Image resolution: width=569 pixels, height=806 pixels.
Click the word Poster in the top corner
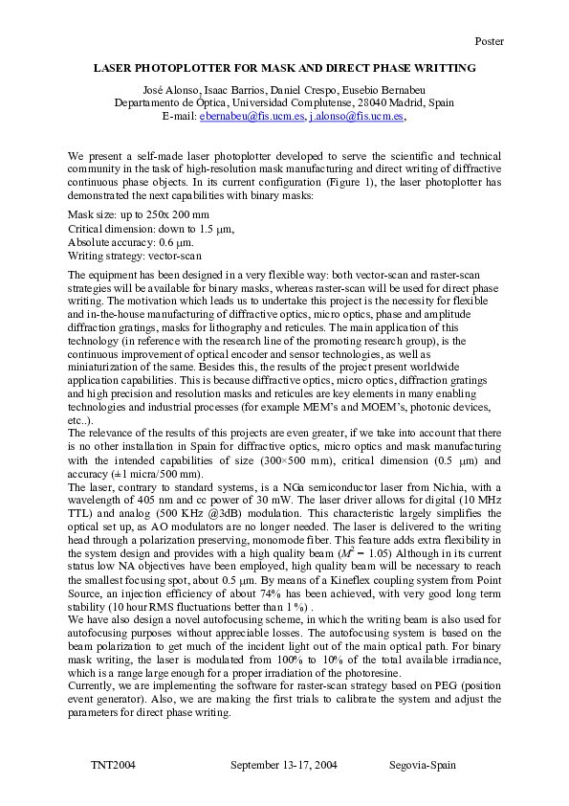(x=489, y=41)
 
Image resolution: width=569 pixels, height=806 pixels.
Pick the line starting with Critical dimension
(x=151, y=230)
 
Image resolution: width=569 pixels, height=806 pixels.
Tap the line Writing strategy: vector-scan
(x=135, y=257)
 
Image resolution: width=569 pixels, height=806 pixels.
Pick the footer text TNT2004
(x=113, y=766)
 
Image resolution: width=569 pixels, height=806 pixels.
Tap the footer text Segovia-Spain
(x=423, y=766)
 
